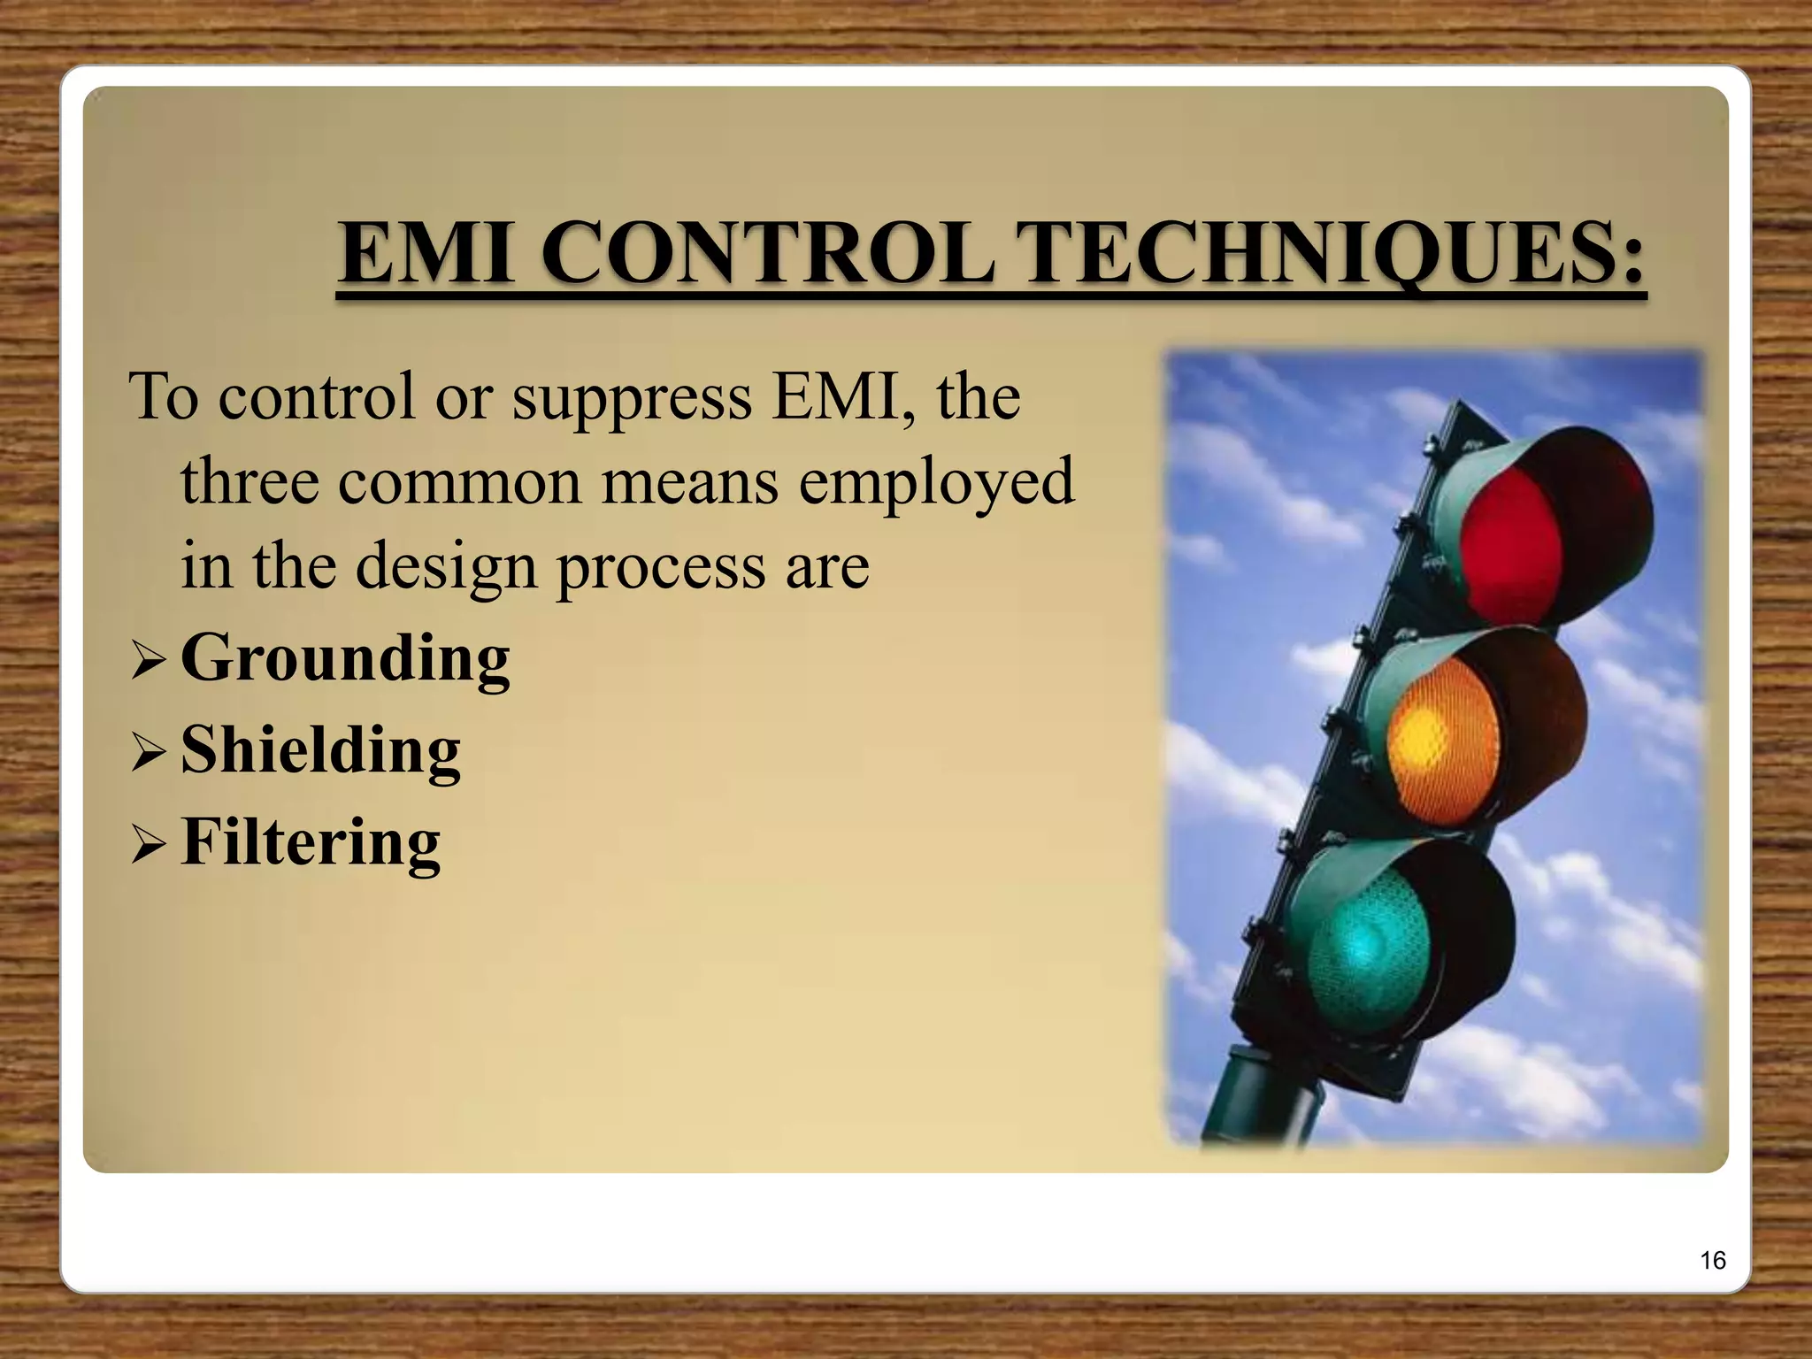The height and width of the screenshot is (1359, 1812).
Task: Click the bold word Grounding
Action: (345, 659)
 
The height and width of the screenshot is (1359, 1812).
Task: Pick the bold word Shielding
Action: (320, 750)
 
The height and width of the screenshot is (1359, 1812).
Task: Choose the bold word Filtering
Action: (311, 842)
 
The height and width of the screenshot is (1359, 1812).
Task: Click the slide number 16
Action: (1713, 1260)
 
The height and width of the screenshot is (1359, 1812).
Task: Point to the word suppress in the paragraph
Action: (632, 398)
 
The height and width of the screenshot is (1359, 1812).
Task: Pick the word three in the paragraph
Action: (250, 482)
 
